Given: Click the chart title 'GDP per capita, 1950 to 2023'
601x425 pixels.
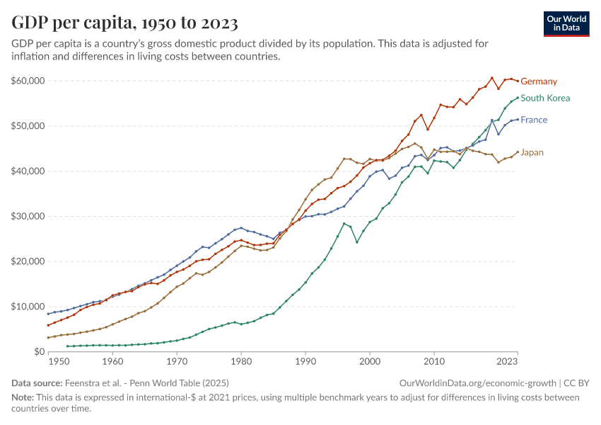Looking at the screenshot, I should pos(124,23).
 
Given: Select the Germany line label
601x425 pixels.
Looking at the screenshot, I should pos(539,81).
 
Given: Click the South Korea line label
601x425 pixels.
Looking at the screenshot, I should pos(544,98).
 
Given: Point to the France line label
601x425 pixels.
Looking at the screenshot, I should pos(534,120).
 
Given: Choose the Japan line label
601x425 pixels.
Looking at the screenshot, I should pos(532,152).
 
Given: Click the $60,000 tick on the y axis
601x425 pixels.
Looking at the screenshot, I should pos(28,81).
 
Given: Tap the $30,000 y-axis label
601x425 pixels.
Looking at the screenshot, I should pos(28,216).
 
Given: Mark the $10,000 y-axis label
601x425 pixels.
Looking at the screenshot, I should pos(28,307).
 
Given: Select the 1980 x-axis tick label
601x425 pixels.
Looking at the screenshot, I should pos(241,361).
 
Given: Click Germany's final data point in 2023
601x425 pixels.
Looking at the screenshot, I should pos(518,81).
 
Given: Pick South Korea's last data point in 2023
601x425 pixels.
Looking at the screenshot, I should pos(518,98).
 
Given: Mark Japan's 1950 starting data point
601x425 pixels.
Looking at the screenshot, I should pos(48,337).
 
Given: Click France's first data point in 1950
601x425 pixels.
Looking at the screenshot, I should pos(48,314).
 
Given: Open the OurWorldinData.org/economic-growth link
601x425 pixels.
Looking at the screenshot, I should pos(479,382).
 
